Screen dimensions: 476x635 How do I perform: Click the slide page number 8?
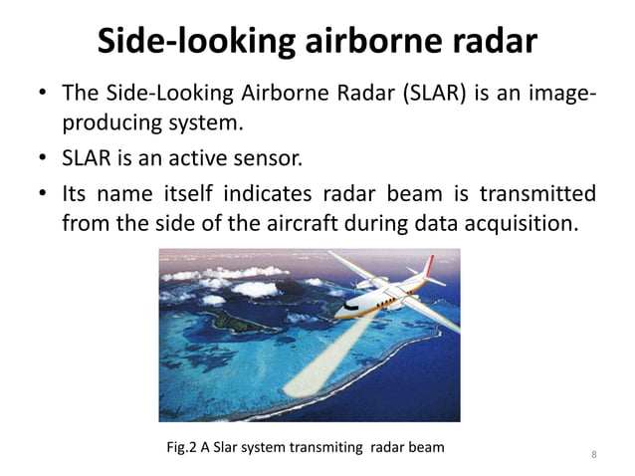(x=593, y=456)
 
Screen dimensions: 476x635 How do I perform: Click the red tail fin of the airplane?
(x=436, y=266)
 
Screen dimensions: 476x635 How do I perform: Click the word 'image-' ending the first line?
(x=561, y=96)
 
